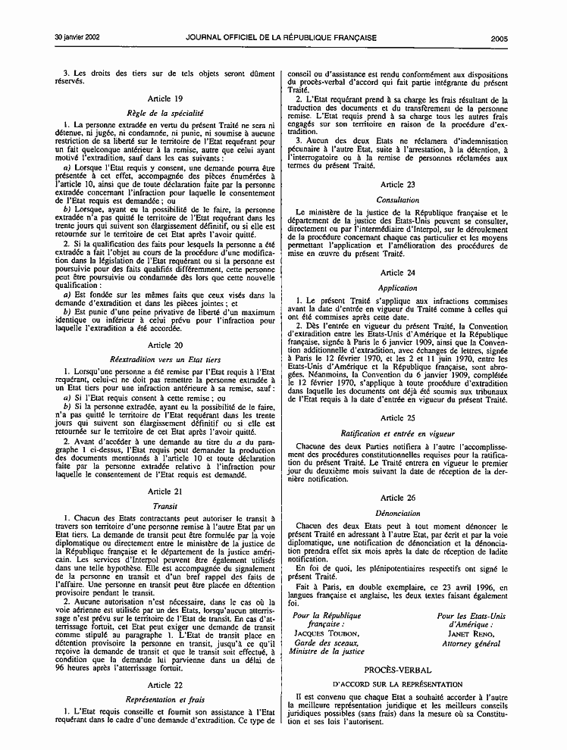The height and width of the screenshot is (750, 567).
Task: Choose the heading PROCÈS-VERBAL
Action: (398, 670)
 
